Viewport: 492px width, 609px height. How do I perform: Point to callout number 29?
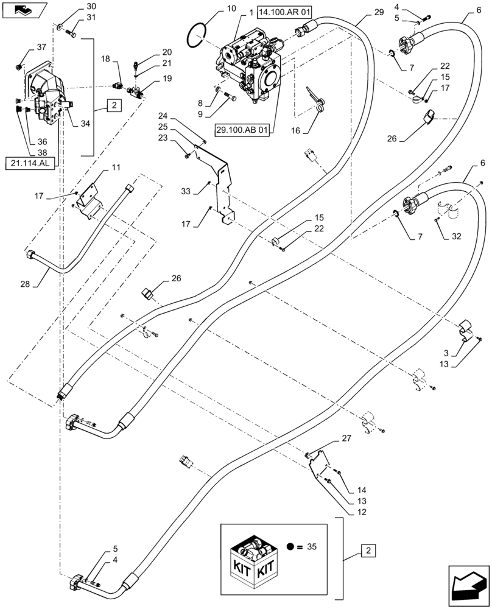378,12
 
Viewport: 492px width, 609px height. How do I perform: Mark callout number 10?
214,9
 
